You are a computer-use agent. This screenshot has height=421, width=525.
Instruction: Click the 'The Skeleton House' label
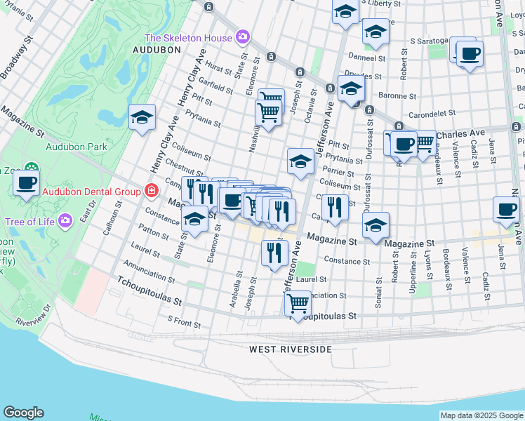click(188, 38)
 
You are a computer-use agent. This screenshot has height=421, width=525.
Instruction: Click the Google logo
click(23, 413)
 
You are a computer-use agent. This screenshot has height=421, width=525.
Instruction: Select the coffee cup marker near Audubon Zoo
click(27, 183)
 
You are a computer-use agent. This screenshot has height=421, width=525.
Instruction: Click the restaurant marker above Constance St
click(274, 253)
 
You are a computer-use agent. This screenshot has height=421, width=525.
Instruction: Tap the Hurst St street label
click(218, 68)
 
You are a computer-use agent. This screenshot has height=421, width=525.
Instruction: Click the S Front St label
click(184, 321)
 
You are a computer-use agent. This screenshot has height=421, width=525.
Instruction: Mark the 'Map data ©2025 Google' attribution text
click(481, 415)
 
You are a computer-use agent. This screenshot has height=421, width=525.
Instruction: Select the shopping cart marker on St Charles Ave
click(423, 143)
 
